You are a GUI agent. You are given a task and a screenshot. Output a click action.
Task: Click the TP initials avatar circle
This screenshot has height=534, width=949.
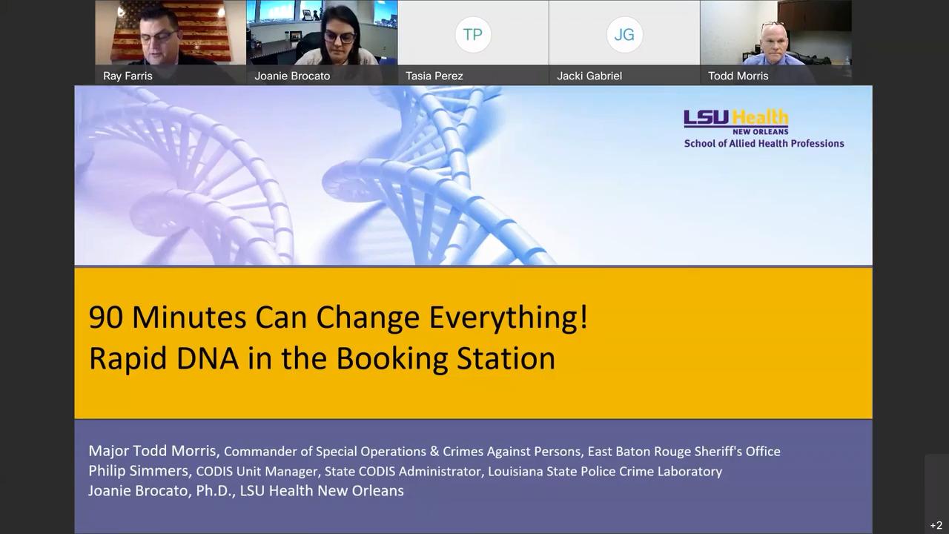coord(473,34)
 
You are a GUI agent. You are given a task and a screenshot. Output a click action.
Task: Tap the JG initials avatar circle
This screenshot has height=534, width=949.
coord(624,34)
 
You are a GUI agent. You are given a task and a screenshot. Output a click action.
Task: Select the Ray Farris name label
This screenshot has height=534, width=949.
coord(128,76)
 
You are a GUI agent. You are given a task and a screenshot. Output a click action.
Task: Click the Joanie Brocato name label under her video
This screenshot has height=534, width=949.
coord(292,76)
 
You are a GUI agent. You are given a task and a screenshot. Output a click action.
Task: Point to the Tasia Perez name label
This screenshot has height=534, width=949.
coord(434,76)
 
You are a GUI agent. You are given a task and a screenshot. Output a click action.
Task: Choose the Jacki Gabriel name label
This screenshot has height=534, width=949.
coord(589,76)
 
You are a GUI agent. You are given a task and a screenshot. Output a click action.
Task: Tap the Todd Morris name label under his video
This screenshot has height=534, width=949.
coord(738,76)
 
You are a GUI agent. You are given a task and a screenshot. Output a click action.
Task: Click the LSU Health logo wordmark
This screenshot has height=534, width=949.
coord(736,118)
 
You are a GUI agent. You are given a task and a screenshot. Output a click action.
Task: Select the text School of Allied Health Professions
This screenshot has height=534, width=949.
coord(764,144)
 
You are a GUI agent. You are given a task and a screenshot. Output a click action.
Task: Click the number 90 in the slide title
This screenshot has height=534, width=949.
coord(106,317)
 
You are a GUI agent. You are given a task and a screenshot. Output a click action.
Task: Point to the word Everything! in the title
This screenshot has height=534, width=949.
coord(509,318)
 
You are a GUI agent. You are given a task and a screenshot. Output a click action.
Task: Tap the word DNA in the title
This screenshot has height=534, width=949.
coord(207,358)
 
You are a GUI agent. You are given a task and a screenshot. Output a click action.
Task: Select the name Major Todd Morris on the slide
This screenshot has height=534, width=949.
coord(153,451)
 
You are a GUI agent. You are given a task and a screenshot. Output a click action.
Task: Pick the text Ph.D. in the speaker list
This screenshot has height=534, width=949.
coord(215,491)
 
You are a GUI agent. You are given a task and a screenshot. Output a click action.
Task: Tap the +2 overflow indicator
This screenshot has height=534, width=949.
coord(936,525)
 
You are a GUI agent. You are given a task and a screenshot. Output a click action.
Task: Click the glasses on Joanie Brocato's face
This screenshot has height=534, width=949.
coord(340,37)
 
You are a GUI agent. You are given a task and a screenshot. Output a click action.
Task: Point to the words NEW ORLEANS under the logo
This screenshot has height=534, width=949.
coord(761,132)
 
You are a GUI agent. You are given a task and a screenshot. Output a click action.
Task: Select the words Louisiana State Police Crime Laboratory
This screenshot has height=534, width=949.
coord(605,471)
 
